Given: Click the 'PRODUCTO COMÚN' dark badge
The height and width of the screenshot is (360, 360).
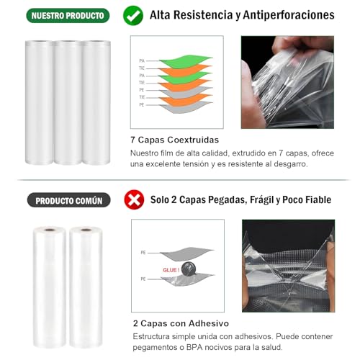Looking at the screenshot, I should (x=69, y=200).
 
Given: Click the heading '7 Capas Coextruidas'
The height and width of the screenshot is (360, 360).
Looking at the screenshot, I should (x=175, y=140).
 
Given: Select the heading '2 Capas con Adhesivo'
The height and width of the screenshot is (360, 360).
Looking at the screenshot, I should (x=177, y=323).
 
